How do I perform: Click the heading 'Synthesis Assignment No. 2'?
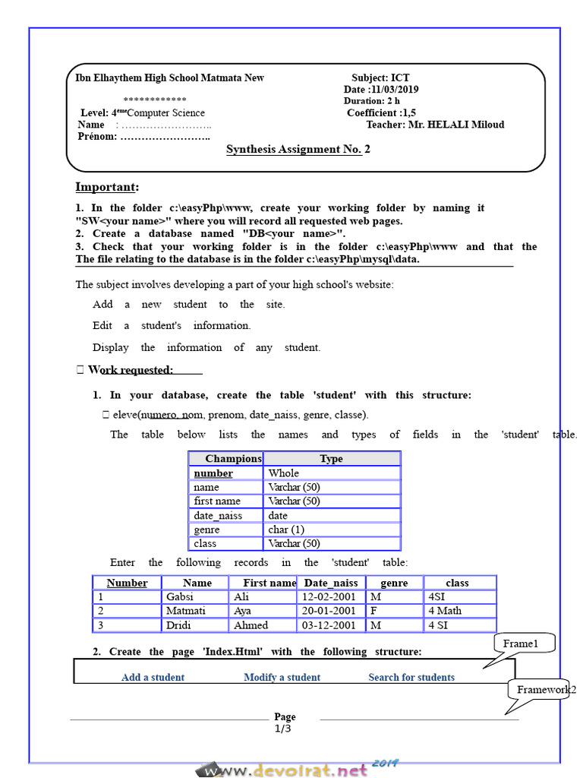click(x=298, y=149)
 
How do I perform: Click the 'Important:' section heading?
click(x=107, y=188)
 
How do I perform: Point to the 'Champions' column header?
click(x=233, y=459)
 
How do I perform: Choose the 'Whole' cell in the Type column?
click(x=284, y=473)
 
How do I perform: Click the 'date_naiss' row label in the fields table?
click(x=218, y=516)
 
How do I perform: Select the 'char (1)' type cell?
click(x=288, y=530)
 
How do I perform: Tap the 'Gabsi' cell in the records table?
click(x=180, y=597)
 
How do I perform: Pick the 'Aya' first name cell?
click(x=242, y=611)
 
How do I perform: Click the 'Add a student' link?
click(x=153, y=678)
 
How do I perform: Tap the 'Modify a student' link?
click(x=282, y=678)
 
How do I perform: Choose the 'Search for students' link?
click(x=411, y=678)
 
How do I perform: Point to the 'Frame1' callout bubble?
click(x=521, y=644)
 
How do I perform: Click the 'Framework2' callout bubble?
click(x=546, y=690)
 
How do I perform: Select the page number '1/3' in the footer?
click(x=282, y=729)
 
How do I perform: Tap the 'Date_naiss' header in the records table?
click(x=331, y=583)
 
